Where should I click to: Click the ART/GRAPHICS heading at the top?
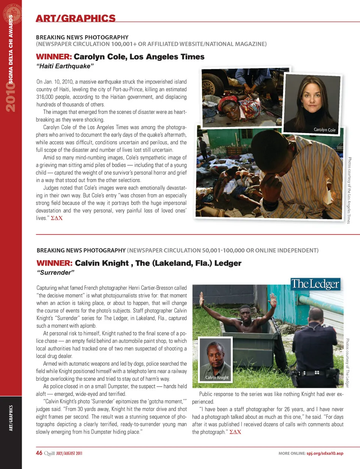75,18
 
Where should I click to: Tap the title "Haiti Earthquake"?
64,66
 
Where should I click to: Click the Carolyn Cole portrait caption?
324,130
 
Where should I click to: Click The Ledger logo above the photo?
315,284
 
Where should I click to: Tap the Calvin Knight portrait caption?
217,378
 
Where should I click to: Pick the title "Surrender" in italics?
55,273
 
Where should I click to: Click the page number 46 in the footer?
39,453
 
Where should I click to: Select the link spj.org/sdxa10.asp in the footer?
325,453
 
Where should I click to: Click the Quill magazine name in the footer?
49,453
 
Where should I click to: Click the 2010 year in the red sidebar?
10,97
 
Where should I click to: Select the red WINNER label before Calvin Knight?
54,263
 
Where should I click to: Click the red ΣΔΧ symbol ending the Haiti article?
57,218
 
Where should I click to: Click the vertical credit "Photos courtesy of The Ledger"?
347,363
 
